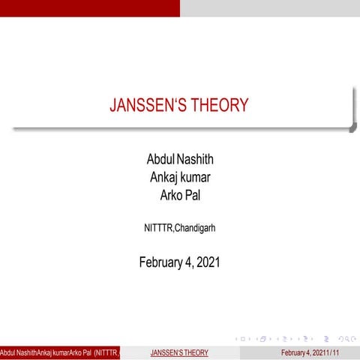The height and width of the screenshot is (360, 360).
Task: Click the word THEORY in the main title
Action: click(219, 106)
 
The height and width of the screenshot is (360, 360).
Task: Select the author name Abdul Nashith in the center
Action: click(180, 160)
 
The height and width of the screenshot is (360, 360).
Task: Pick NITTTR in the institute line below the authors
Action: click(157, 227)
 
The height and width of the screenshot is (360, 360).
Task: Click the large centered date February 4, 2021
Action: click(180, 262)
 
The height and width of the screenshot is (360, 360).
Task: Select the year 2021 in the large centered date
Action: click(206, 262)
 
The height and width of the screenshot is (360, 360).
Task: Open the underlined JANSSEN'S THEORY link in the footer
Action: click(179, 352)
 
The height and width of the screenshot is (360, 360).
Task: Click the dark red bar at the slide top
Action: click(90, 8)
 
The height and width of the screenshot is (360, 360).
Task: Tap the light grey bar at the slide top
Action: click(270, 8)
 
